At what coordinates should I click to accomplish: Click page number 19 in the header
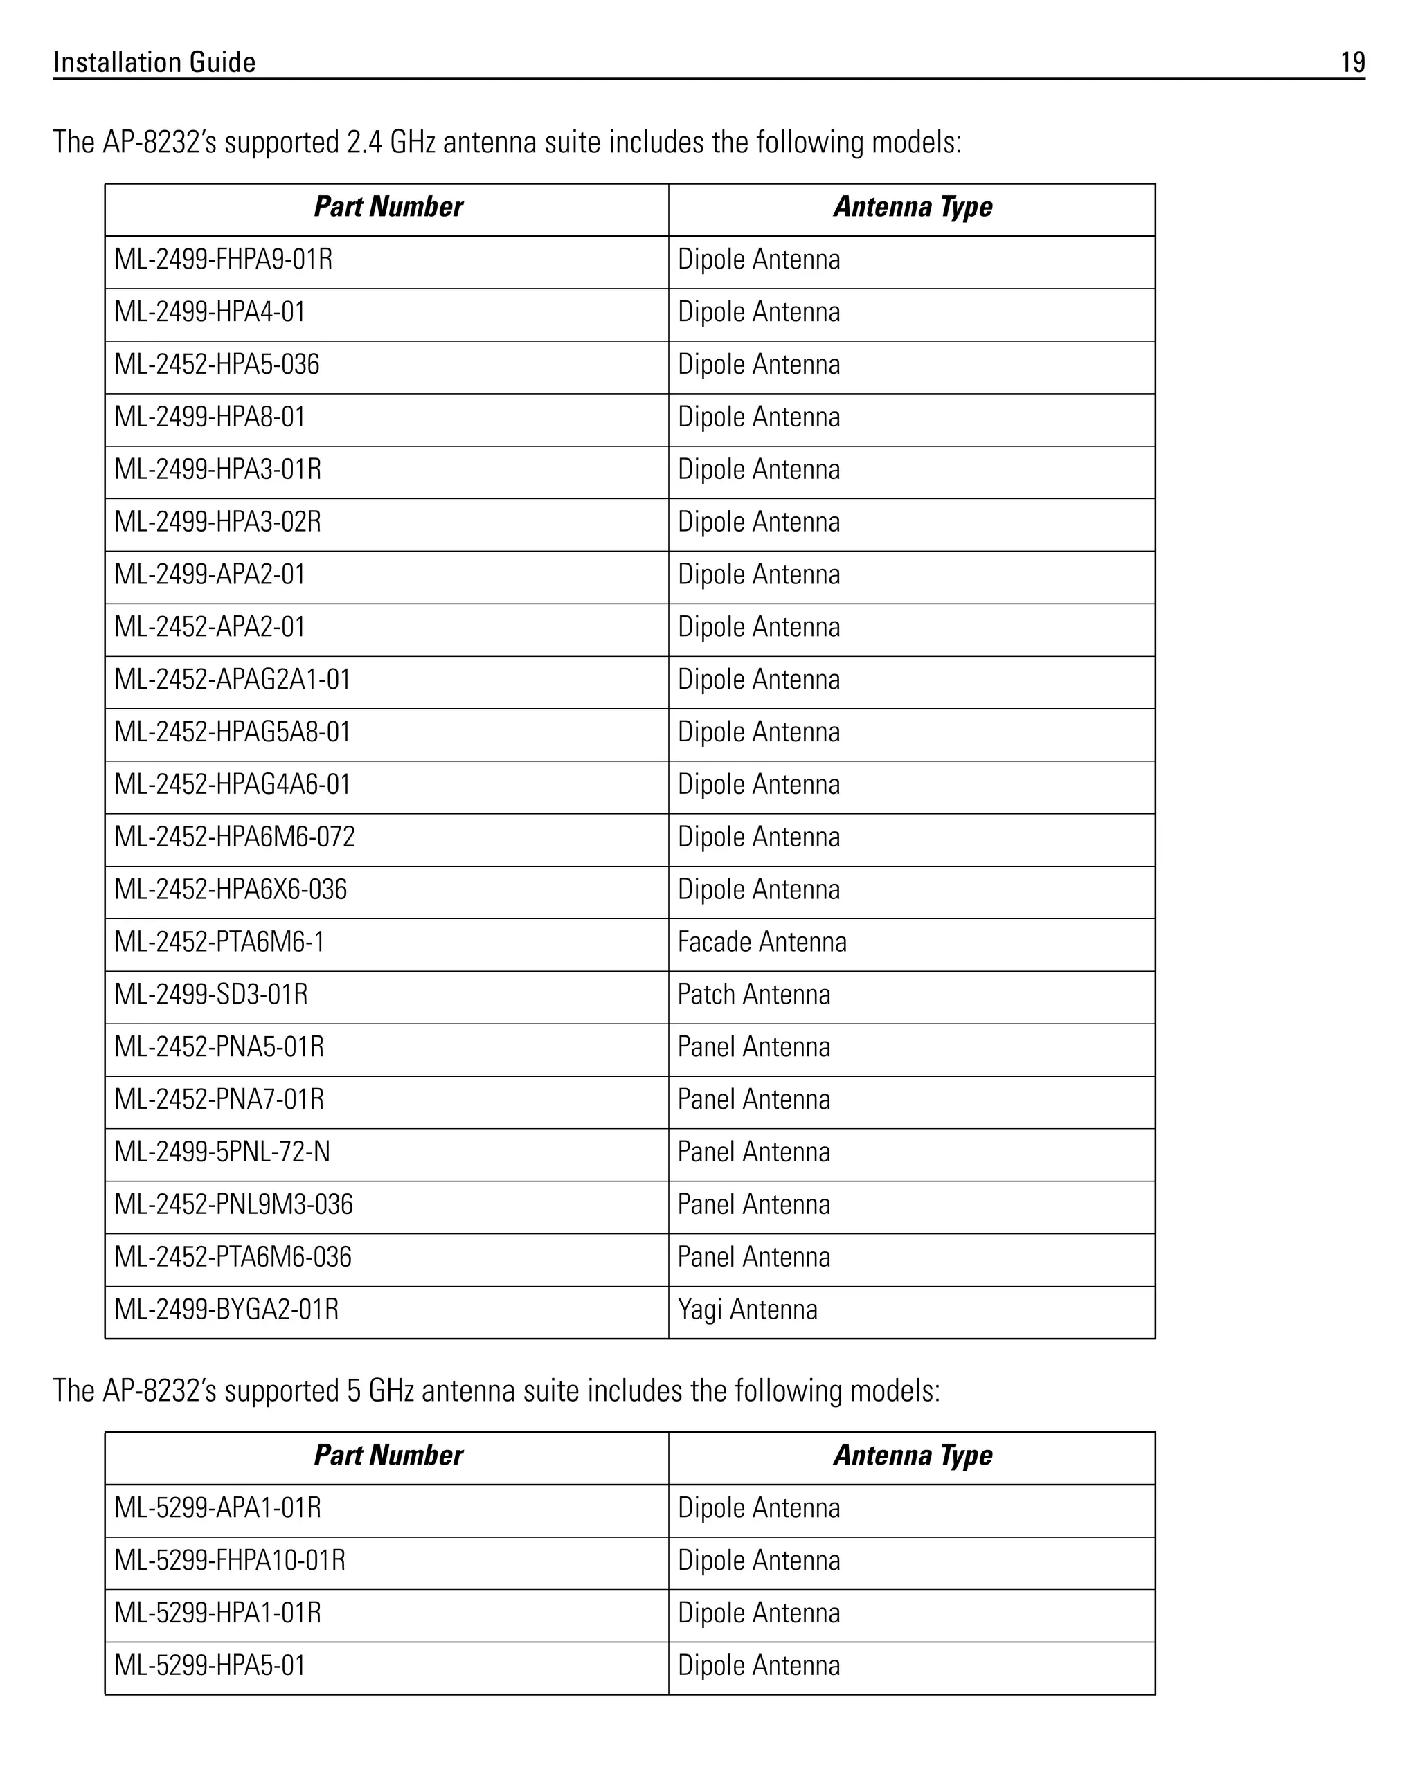tap(1352, 62)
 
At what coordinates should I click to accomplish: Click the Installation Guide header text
tap(154, 62)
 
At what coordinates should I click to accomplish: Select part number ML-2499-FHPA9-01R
tap(223, 260)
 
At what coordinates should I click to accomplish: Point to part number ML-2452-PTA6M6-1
tap(219, 942)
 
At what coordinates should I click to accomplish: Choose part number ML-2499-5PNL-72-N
tap(222, 1152)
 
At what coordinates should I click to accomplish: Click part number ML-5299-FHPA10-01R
tap(229, 1561)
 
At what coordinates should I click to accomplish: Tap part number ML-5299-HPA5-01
tap(210, 1666)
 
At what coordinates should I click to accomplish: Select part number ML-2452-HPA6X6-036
tap(231, 890)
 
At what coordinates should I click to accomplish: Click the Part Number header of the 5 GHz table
tap(388, 1456)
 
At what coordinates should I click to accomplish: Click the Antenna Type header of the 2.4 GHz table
tap(912, 207)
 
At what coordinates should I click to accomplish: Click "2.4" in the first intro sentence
tap(364, 143)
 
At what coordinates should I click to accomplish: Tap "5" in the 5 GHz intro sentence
tap(354, 1391)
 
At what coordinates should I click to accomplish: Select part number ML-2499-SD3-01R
tap(210, 995)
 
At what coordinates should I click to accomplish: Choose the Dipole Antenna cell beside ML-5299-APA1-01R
tap(758, 1508)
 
